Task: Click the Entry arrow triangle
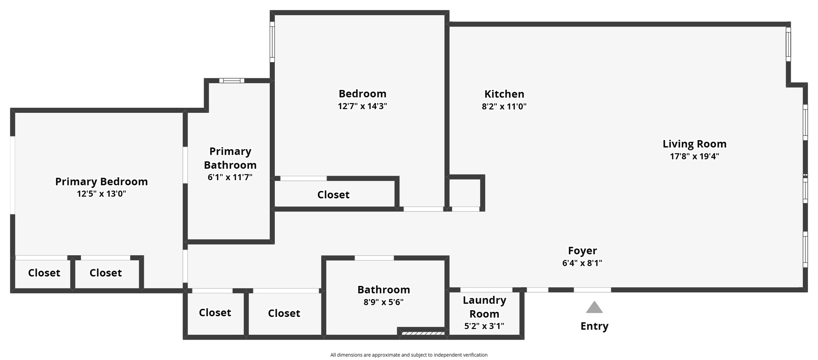tap(594, 308)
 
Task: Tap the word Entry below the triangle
tap(594, 326)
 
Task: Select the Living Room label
tap(694, 144)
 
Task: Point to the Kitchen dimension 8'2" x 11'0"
tap(504, 107)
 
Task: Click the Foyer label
tap(582, 251)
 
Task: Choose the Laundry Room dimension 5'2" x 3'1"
tap(484, 326)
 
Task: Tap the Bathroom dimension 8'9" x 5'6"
tap(383, 302)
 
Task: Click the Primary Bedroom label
tap(101, 181)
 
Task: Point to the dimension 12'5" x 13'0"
tap(101, 194)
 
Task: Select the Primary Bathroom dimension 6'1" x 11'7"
tap(230, 177)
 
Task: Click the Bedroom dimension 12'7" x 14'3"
tap(363, 106)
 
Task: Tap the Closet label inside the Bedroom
tap(333, 195)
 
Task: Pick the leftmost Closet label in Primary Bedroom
tap(44, 273)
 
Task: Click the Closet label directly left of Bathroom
tap(284, 313)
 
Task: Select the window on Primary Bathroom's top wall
tap(232, 81)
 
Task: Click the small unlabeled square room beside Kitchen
tap(465, 193)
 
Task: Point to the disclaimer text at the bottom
tap(409, 355)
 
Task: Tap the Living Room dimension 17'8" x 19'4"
tap(694, 156)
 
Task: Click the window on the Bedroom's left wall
tap(272, 42)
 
